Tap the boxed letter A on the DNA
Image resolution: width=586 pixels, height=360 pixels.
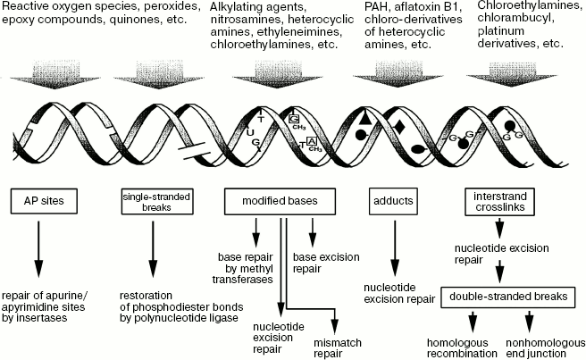(x=310, y=141)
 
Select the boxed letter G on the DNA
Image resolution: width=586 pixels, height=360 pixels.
(x=295, y=119)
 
